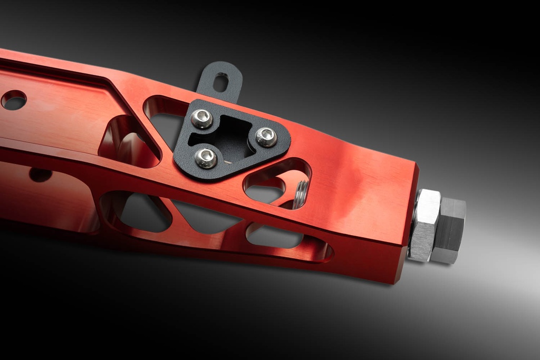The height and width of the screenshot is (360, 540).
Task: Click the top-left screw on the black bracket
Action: pyautogui.click(x=202, y=119)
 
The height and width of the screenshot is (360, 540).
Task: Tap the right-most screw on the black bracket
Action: pyautogui.click(x=266, y=137)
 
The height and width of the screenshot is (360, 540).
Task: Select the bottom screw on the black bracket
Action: pyautogui.click(x=206, y=157)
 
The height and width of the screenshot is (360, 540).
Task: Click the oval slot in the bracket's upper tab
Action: pyautogui.click(x=221, y=82)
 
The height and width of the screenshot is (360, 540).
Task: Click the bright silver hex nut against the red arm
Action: pyautogui.click(x=425, y=226)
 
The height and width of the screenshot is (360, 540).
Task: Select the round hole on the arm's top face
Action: pyautogui.click(x=14, y=100)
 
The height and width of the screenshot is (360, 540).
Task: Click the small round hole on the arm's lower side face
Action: pyautogui.click(x=41, y=174)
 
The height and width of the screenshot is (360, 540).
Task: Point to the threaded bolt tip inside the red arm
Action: pyautogui.click(x=301, y=194)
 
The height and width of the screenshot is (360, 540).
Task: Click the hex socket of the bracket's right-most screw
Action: pyautogui.click(x=266, y=138)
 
